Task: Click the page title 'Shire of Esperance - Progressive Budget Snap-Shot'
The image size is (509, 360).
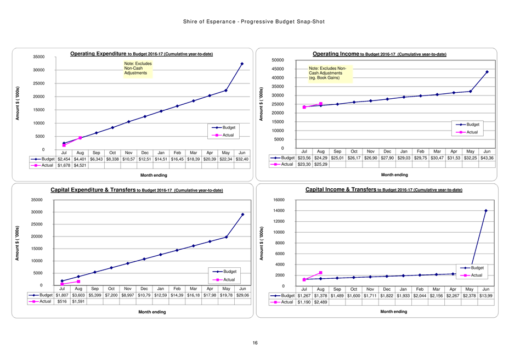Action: pyautogui.click(x=255, y=22)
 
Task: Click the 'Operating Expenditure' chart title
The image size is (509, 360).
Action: pyautogui.click(x=99, y=54)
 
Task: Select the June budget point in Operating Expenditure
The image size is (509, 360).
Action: pyautogui.click(x=242, y=64)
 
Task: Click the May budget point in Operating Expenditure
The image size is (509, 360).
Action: pyautogui.click(x=225, y=90)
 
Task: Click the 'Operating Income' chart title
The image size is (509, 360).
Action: pyautogui.click(x=336, y=54)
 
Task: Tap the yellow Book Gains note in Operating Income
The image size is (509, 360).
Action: pyautogui.click(x=330, y=74)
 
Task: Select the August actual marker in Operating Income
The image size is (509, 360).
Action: pyautogui.click(x=320, y=104)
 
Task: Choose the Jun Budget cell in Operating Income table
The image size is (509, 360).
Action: pyautogui.click(x=487, y=158)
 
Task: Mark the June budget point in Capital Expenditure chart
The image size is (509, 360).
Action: pyautogui.click(x=242, y=214)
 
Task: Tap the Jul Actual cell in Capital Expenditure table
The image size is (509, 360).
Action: pyautogui.click(x=63, y=301)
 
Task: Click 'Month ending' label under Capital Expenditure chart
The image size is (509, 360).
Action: pyautogui.click(x=150, y=312)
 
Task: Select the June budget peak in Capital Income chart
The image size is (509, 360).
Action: pyautogui.click(x=485, y=211)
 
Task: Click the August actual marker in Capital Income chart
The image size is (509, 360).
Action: pyautogui.click(x=320, y=272)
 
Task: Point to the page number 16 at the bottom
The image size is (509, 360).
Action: pyautogui.click(x=255, y=343)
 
